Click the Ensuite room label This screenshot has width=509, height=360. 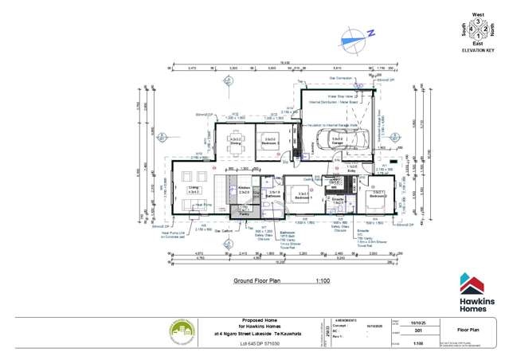[337, 200]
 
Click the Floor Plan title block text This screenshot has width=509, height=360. [468, 327]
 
